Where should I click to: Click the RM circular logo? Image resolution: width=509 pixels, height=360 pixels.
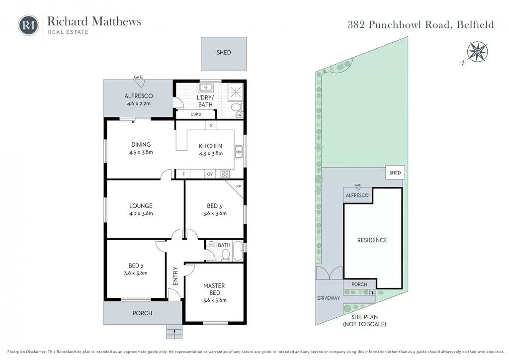point(28,25)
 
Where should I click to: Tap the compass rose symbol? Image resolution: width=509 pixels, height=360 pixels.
point(477,52)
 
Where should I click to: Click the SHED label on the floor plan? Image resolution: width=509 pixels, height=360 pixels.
point(224,52)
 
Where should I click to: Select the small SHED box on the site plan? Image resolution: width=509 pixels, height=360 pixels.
point(395,173)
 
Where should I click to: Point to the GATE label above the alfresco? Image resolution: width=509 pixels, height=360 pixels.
point(139,77)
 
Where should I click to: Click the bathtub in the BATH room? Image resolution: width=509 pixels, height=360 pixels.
point(238,251)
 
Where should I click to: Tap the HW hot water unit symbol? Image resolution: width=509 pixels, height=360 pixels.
point(239,114)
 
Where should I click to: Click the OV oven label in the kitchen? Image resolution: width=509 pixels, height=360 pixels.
point(210,174)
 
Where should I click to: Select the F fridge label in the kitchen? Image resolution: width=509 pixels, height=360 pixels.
point(183,174)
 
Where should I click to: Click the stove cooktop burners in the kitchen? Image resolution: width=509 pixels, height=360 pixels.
point(225,174)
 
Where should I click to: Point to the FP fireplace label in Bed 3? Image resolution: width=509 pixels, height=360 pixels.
point(239,186)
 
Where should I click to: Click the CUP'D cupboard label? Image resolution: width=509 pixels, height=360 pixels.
point(196,114)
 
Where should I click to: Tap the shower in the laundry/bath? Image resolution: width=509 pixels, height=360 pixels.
point(235,92)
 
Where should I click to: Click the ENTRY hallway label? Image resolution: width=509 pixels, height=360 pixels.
point(175,276)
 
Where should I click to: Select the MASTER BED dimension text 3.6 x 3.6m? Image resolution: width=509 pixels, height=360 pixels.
point(215,300)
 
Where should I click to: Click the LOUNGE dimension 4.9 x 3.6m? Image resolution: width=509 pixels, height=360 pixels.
point(141,214)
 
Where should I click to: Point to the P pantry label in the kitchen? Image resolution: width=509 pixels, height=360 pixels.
point(211,126)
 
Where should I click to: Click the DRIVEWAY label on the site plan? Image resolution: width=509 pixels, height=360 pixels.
point(329,298)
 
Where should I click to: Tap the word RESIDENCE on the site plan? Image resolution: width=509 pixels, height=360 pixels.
point(372,240)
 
